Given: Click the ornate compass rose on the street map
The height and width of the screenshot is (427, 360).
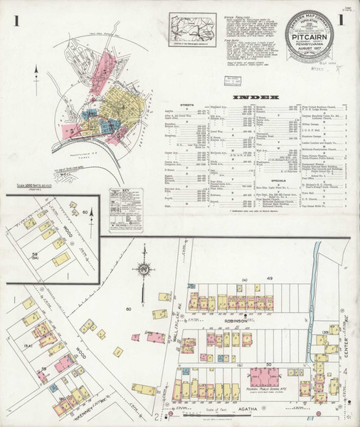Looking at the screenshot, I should [x=144, y=271].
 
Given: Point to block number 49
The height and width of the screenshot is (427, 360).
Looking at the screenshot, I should [x=250, y=277].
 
